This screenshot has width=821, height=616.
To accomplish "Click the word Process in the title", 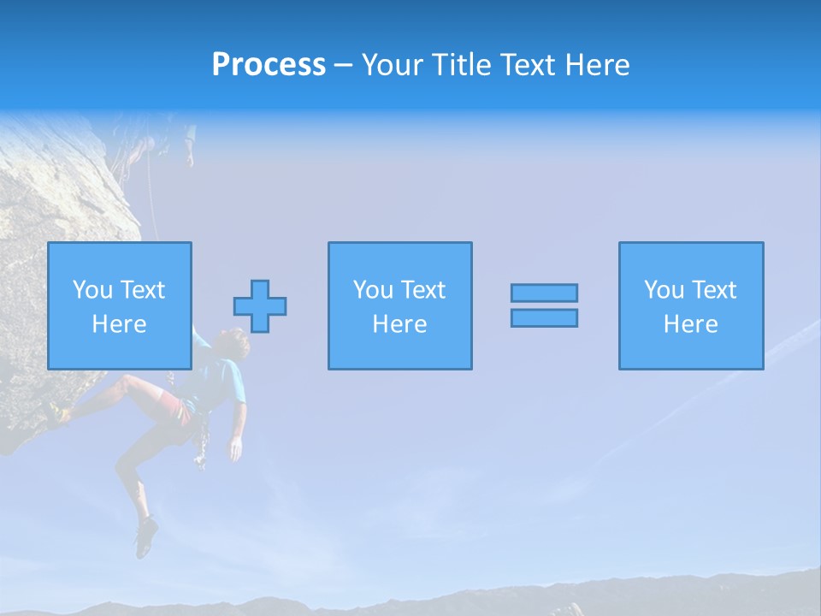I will pyautogui.click(x=269, y=64).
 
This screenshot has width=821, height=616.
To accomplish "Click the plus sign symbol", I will pyautogui.click(x=260, y=306).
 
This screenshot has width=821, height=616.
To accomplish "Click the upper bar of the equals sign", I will pyautogui.click(x=544, y=293).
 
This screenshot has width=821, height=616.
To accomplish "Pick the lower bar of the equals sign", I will pyautogui.click(x=544, y=317).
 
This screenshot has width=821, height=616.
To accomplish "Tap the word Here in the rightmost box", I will pyautogui.click(x=690, y=324).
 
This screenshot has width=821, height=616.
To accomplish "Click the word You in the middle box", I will pyautogui.click(x=373, y=290).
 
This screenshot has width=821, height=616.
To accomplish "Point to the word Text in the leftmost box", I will pyautogui.click(x=142, y=290).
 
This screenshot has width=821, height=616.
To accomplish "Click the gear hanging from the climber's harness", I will pyautogui.click(x=202, y=445).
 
